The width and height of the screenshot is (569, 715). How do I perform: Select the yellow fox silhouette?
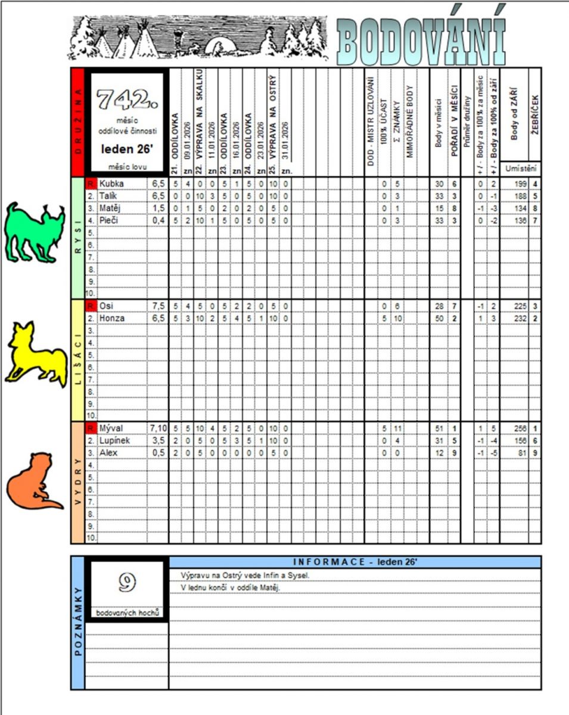(36, 355)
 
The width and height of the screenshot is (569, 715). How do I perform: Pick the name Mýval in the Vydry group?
(111, 428)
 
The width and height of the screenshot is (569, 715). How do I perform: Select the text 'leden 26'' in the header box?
(126, 146)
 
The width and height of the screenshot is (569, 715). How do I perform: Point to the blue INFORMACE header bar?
(355, 562)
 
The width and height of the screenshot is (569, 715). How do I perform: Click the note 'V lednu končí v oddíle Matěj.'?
(230, 587)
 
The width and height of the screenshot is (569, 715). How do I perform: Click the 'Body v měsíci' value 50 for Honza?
(439, 319)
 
